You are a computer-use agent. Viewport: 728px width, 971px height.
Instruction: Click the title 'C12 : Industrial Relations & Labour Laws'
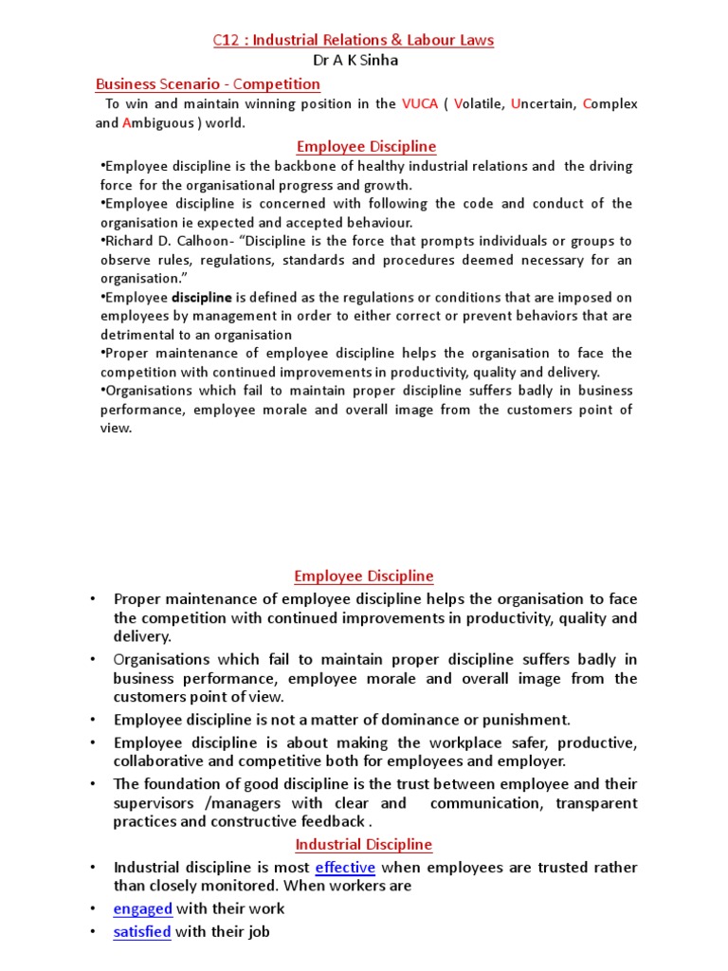[352, 40]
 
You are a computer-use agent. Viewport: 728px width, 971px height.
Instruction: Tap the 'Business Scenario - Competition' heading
[208, 84]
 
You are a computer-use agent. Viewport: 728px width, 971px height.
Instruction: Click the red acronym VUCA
[421, 103]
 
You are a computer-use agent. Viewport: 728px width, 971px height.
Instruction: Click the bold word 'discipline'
[201, 297]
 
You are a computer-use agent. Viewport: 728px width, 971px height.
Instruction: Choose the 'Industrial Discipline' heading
[363, 844]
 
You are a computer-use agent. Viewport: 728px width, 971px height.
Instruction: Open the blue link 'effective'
[345, 868]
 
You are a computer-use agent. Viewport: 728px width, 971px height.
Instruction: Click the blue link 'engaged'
[142, 908]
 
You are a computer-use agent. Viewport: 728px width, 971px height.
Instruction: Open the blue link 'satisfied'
[142, 932]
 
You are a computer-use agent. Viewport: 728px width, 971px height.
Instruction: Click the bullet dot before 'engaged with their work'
[93, 908]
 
